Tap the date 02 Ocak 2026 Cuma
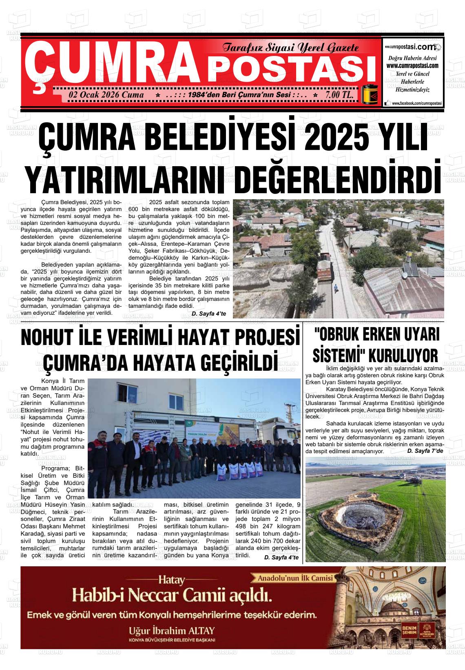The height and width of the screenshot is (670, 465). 106,95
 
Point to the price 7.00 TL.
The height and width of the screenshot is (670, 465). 339,95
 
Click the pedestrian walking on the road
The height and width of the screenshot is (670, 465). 336,288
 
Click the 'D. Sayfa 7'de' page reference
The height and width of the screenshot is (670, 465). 425,451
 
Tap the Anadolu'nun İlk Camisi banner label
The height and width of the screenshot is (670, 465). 296,578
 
